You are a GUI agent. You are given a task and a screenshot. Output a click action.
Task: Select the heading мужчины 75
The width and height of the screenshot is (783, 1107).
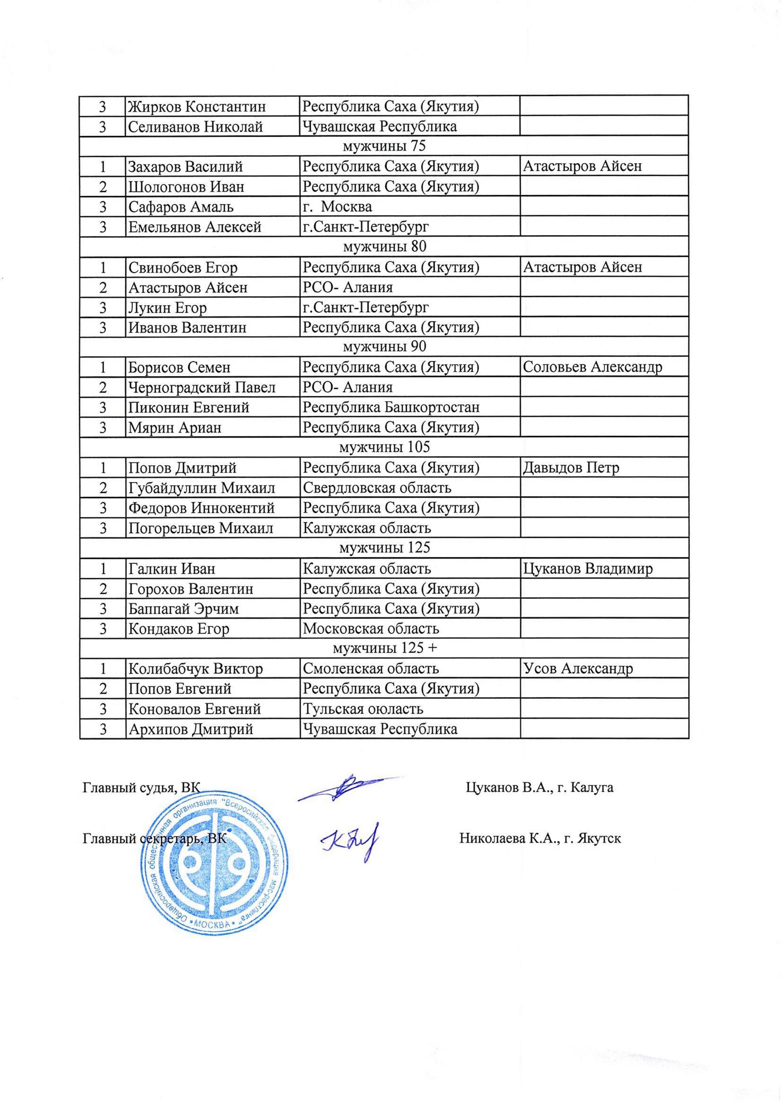[x=384, y=146]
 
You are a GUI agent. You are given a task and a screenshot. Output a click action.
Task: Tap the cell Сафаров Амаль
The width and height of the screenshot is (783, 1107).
[x=181, y=207]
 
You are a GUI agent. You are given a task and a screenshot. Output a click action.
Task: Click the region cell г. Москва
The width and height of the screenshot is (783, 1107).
[x=337, y=207]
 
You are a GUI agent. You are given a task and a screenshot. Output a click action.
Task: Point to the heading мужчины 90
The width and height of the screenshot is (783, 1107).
[x=384, y=347]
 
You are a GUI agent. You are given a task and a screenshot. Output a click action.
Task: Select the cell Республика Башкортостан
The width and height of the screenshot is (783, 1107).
[x=391, y=408]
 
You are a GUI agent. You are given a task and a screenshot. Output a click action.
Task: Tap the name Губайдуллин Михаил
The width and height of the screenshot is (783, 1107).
[x=201, y=488]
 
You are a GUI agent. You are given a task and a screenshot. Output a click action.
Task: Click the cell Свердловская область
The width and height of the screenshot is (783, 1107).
[x=376, y=488]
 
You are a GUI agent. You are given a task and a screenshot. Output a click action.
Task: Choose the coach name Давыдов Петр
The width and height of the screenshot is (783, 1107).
[x=571, y=468]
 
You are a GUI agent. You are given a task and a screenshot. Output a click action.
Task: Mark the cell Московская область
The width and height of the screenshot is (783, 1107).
[x=370, y=629]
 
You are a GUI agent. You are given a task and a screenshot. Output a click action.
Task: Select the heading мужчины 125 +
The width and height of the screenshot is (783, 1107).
[x=384, y=649]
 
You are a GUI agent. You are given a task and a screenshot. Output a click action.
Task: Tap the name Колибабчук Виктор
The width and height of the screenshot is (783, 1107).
[x=195, y=669]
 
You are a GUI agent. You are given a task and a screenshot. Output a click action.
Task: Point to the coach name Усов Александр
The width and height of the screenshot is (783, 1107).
[x=578, y=669]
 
